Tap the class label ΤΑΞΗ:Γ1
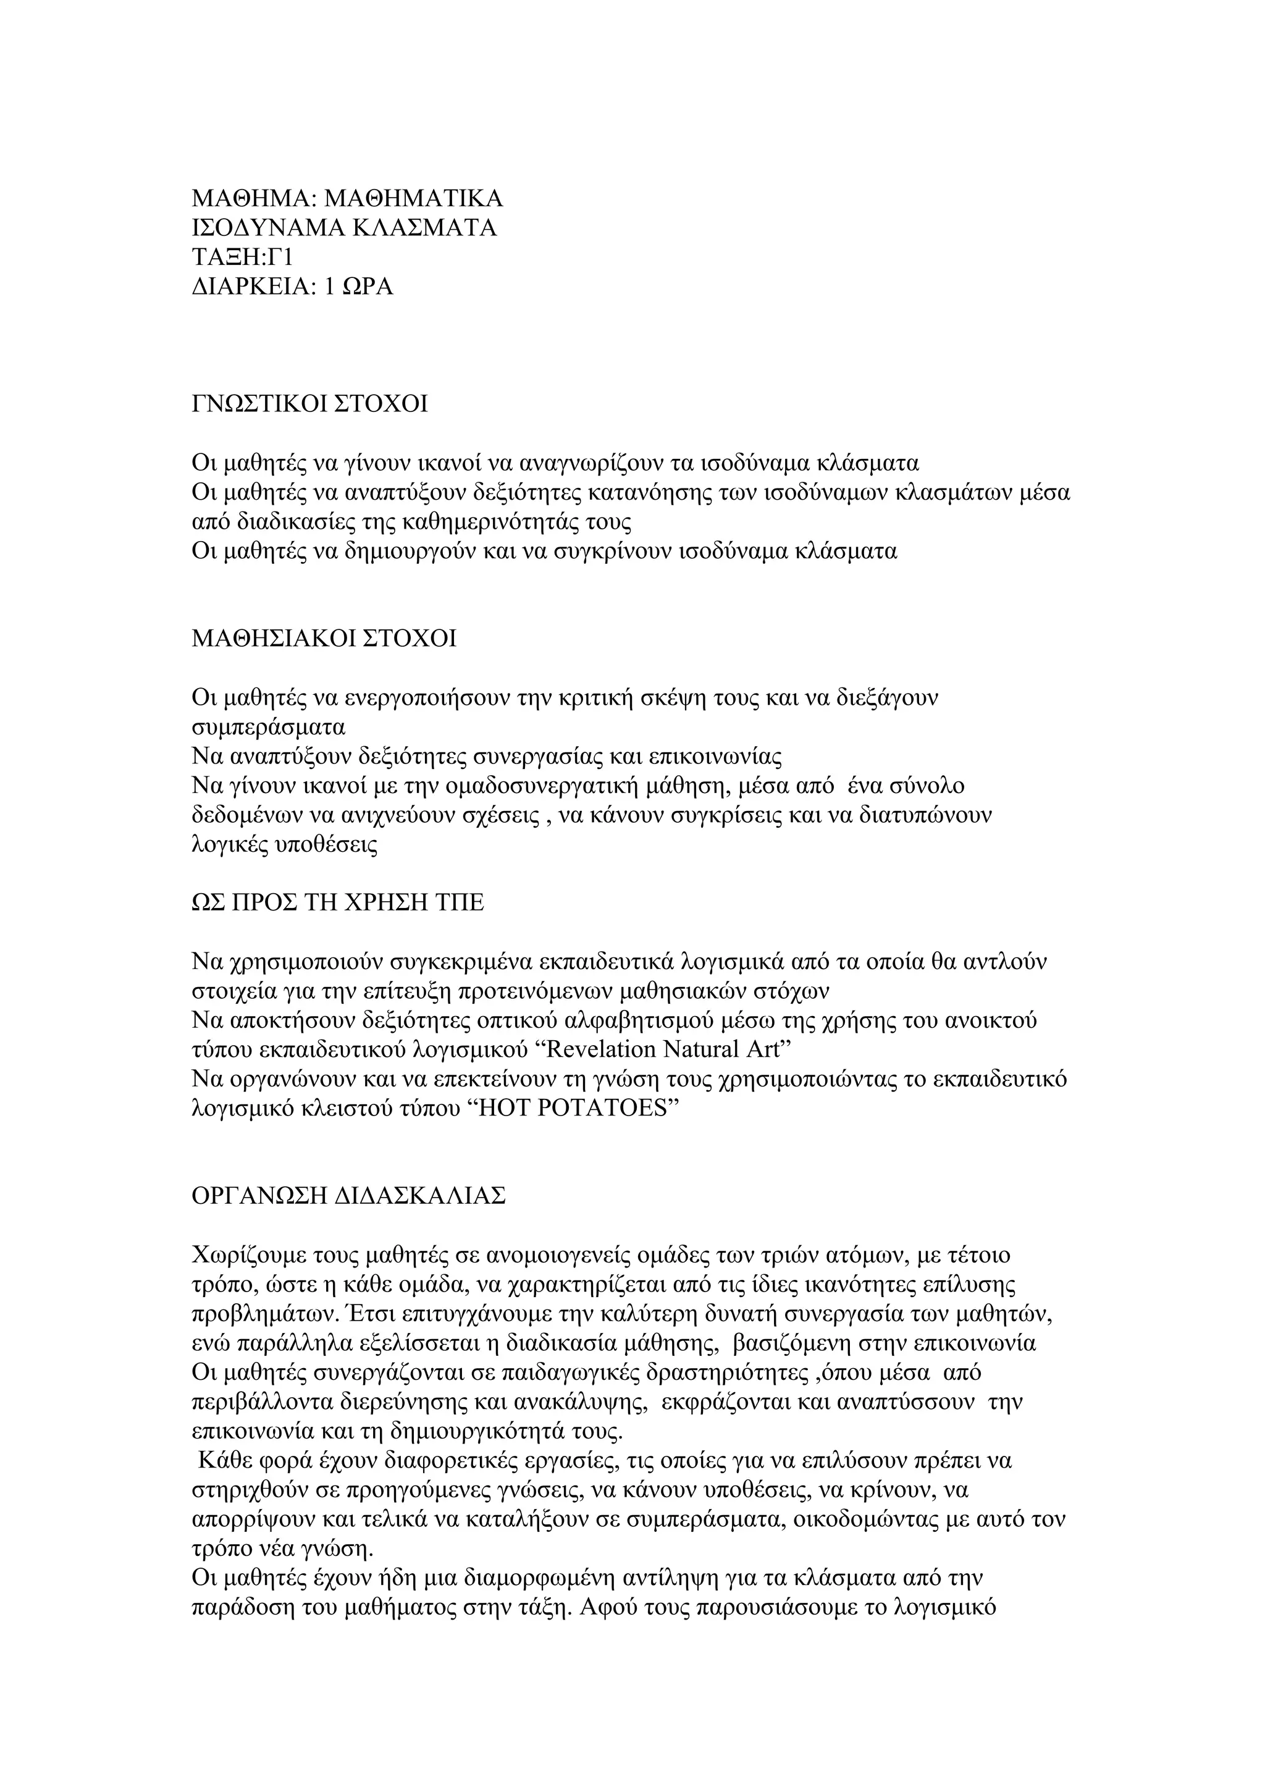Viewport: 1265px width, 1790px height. [x=242, y=258]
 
